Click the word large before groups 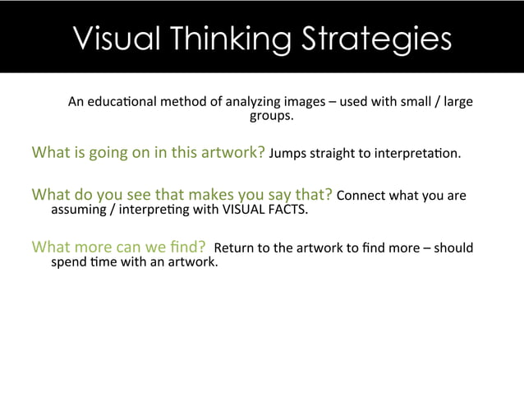pyautogui.click(x=457, y=103)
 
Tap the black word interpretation pyautogui.click(x=422, y=153)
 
